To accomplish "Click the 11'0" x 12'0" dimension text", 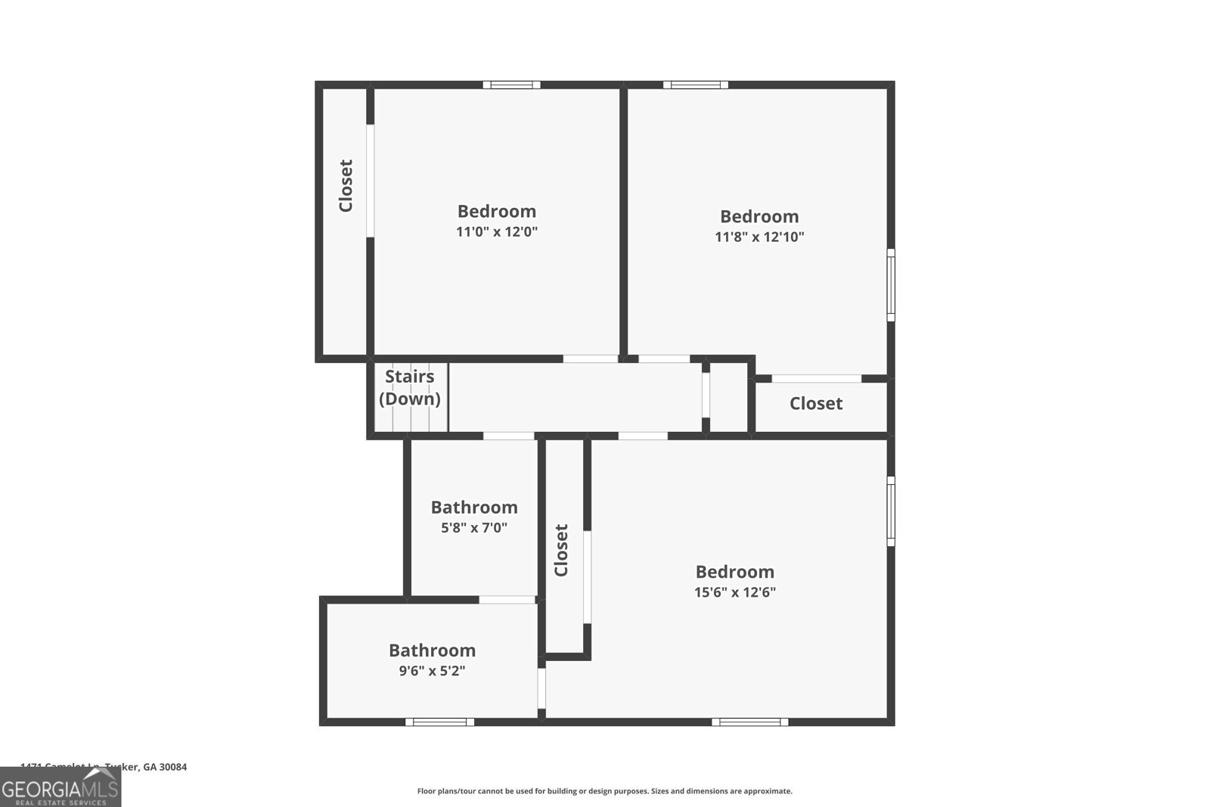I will (496, 232).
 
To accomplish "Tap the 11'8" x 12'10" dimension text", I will (759, 237).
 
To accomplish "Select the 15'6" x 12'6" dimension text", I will (735, 592).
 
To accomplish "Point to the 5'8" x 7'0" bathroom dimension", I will (474, 528).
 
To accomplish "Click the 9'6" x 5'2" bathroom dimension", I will (432, 671).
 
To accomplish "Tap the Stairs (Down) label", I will (410, 387).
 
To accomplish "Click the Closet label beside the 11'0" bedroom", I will (346, 185).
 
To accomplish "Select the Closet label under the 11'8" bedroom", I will (816, 404).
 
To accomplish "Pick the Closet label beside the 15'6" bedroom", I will (561, 550).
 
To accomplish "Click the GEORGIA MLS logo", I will (60, 788).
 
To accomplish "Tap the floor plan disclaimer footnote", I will (605, 791).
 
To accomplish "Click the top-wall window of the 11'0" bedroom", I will (512, 85).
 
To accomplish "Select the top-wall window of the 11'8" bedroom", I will (696, 85).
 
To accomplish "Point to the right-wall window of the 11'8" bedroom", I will (891, 285).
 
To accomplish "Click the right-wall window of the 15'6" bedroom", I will (891, 511).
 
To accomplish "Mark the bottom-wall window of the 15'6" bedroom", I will (749, 722).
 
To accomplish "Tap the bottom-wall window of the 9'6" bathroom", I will (439, 722).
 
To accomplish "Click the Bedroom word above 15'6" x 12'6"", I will (735, 572).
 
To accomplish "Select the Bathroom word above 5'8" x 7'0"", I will (474, 507).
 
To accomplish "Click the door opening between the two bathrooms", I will (507, 600).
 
